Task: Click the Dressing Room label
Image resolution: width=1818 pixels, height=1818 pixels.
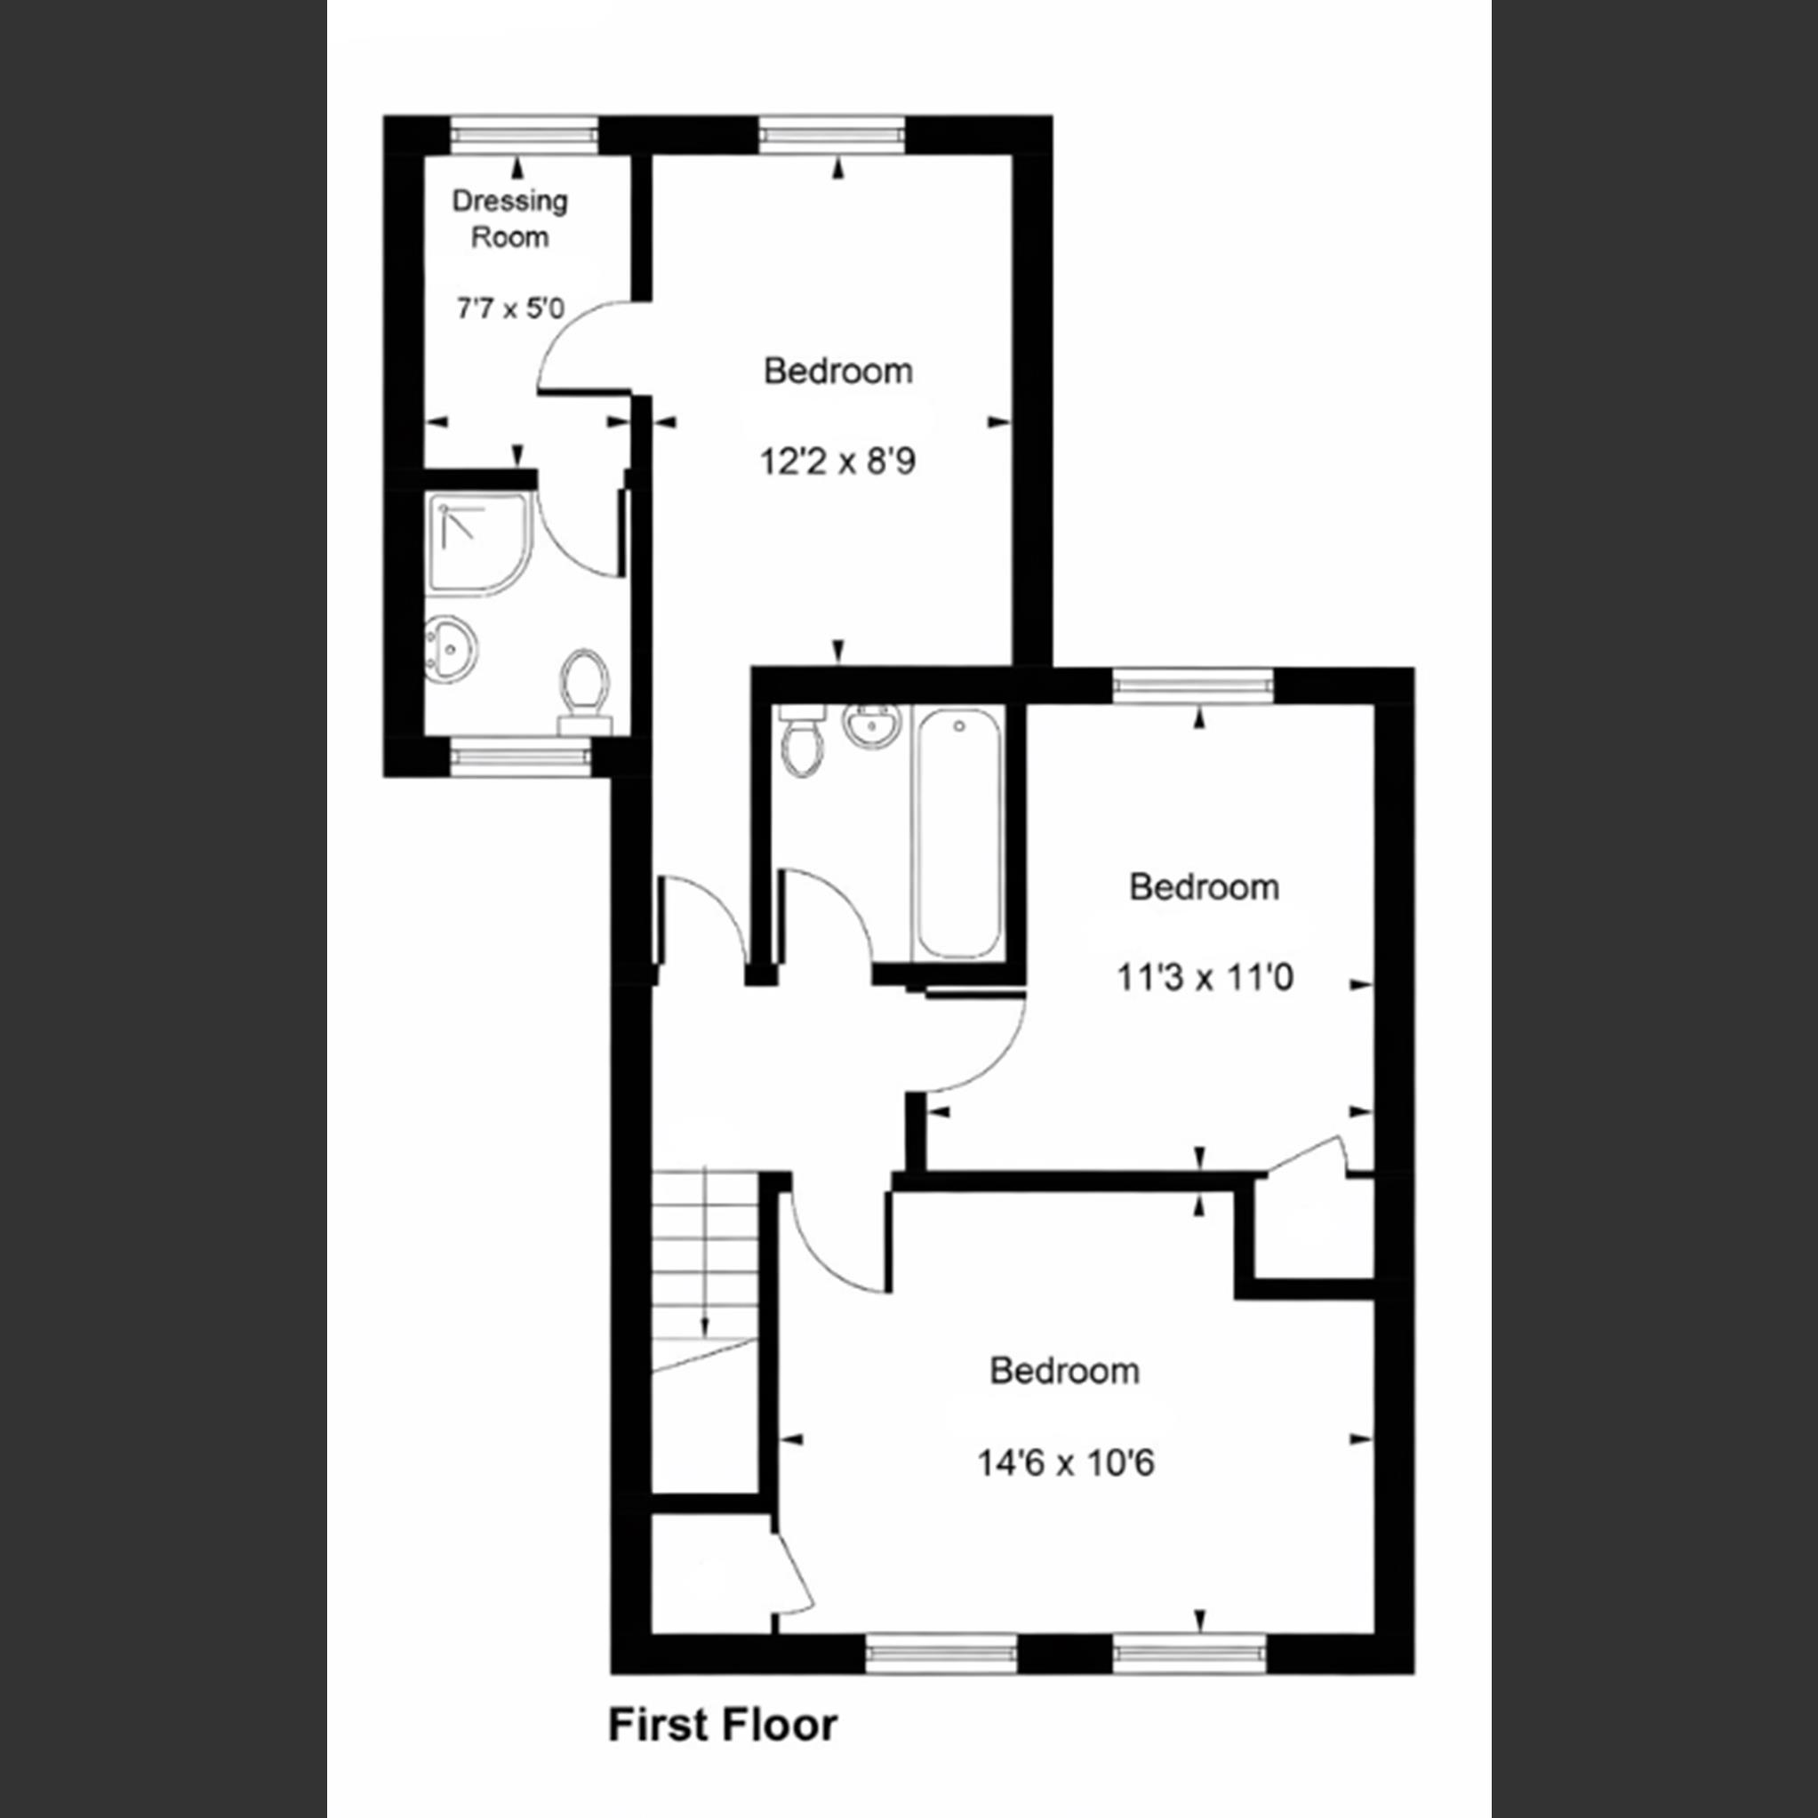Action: click(x=509, y=220)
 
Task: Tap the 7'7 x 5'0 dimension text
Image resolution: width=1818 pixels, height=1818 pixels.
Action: click(x=509, y=308)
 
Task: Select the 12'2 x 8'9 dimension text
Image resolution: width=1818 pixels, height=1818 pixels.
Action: click(x=837, y=462)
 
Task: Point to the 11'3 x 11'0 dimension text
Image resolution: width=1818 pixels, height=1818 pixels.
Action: click(x=1205, y=978)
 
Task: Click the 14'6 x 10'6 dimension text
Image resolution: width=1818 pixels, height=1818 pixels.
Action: click(x=1065, y=1463)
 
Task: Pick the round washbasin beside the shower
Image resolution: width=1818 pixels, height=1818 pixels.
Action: click(x=452, y=648)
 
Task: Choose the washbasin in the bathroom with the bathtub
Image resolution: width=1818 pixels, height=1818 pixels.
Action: click(x=871, y=726)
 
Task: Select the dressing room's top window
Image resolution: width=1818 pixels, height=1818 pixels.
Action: click(x=524, y=134)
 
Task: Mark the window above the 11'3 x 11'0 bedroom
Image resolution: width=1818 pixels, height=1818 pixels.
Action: click(x=1192, y=685)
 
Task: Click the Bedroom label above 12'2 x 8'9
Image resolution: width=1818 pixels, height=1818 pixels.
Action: click(x=837, y=372)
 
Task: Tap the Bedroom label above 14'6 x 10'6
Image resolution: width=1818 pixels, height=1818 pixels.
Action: click(x=1064, y=1371)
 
